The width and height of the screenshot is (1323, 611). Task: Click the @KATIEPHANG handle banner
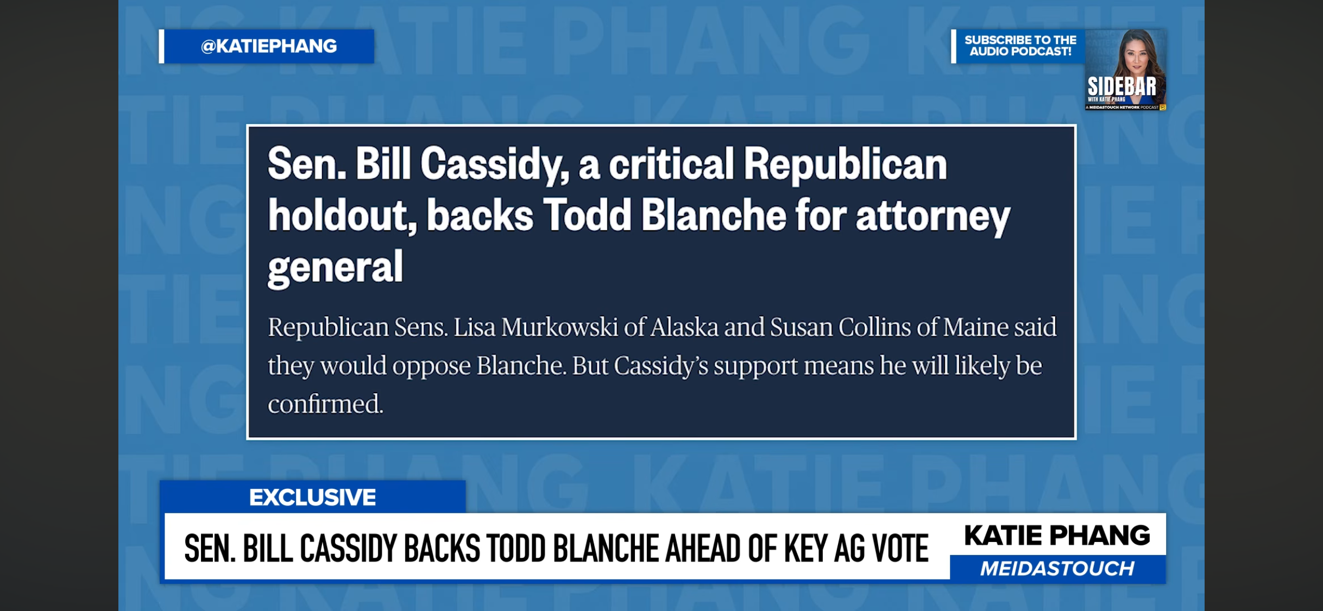(267, 46)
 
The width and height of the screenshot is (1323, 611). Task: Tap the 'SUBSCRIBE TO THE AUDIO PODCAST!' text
(1020, 46)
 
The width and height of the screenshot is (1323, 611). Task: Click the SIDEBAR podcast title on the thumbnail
(1122, 86)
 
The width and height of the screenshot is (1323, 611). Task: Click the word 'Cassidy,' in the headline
(494, 164)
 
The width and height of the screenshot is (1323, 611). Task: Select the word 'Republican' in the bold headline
(845, 164)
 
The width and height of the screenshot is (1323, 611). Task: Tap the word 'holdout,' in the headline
(343, 215)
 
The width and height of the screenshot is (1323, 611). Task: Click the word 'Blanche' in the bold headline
(714, 215)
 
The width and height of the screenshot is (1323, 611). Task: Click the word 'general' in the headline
(336, 267)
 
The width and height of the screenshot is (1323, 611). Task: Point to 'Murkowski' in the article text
(559, 327)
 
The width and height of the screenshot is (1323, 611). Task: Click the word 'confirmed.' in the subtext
(326, 404)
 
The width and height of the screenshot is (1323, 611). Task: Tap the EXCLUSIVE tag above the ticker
(312, 497)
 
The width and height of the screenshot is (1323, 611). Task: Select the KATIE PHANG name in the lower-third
(1057, 535)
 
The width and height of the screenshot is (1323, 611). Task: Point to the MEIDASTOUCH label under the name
(1057, 568)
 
